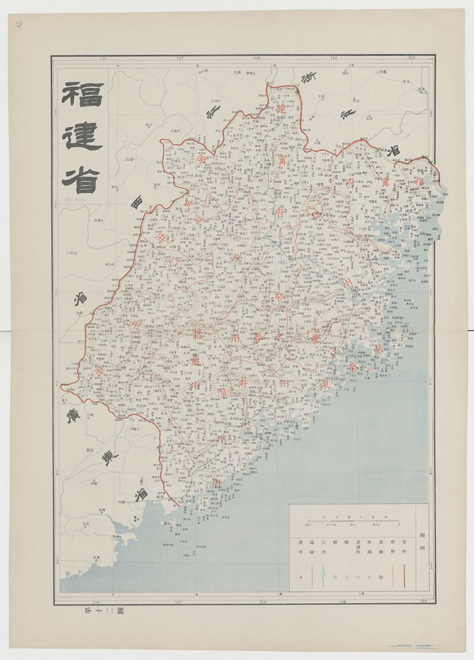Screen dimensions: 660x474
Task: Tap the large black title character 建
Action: (x=82, y=136)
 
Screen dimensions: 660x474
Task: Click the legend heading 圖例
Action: (x=421, y=540)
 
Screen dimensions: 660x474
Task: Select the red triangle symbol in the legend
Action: (x=300, y=576)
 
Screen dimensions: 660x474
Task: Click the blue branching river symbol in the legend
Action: (x=323, y=575)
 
